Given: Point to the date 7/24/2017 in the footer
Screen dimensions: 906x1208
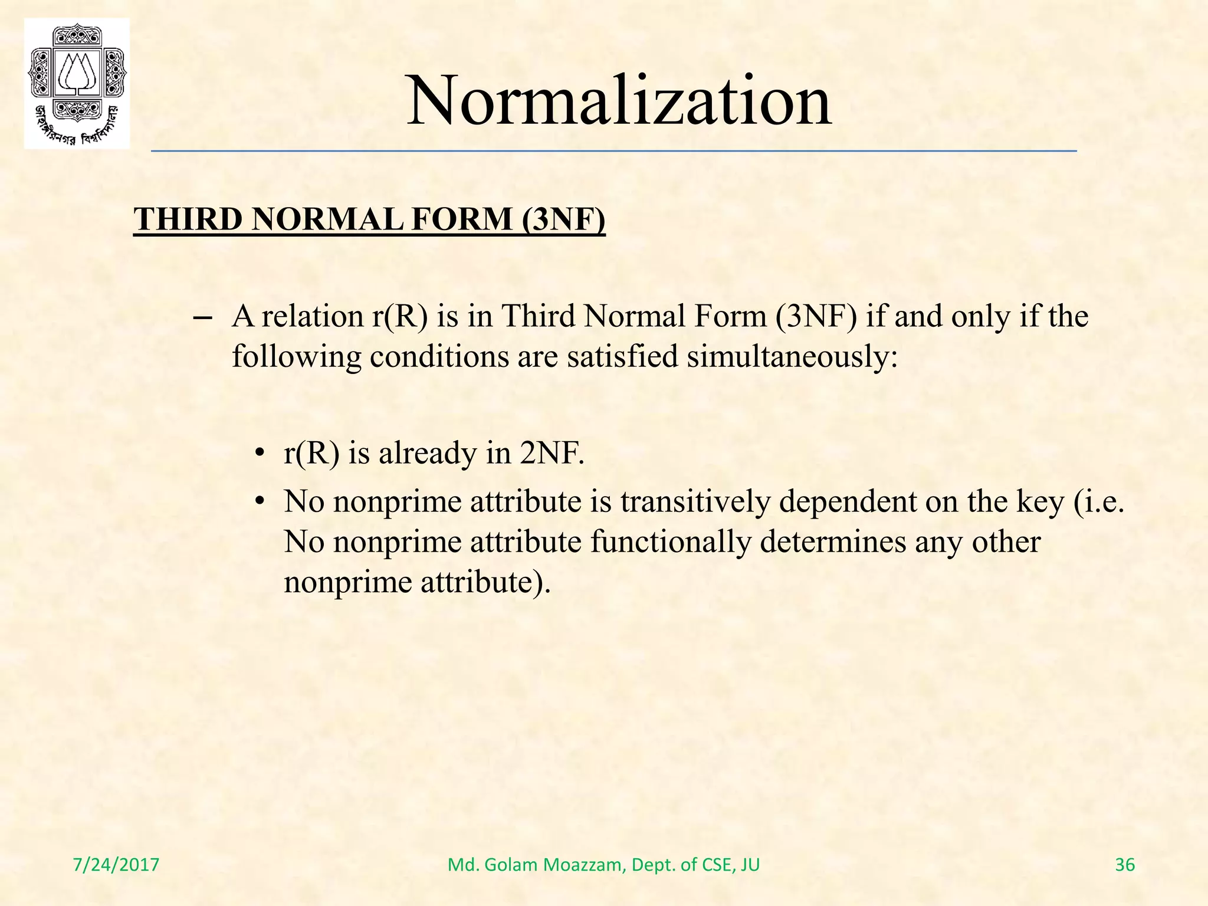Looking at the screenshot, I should (x=116, y=865).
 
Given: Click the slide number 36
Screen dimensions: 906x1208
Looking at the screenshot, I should (x=1125, y=865).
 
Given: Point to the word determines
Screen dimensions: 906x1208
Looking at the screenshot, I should (x=833, y=541).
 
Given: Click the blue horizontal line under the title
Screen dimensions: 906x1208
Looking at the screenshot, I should (x=613, y=152).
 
